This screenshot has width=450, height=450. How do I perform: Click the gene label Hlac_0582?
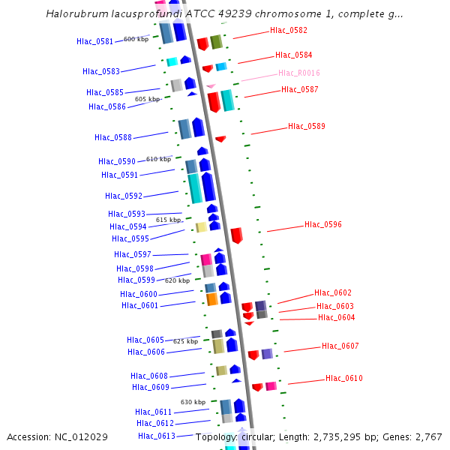[x=288, y=30]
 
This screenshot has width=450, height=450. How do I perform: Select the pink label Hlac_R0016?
[x=298, y=73]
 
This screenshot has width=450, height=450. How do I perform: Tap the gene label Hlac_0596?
[x=322, y=224]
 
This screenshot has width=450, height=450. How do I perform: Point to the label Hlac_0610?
[x=343, y=378]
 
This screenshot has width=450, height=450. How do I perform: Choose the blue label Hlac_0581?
[x=94, y=41]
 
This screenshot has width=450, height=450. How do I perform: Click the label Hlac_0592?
[x=123, y=196]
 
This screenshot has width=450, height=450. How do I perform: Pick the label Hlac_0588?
[x=112, y=137]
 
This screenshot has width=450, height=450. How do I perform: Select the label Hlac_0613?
[x=156, y=436]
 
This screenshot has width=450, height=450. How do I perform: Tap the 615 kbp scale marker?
[x=168, y=220]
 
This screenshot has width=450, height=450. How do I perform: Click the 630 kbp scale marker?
[x=193, y=402]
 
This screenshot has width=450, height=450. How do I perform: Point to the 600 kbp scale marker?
[x=136, y=39]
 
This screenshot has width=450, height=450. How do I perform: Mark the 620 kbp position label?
[x=177, y=280]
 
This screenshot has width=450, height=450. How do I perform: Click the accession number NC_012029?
[x=78, y=436]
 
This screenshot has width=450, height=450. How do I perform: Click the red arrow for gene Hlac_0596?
[x=236, y=235]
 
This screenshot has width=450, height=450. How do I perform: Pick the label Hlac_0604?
[x=336, y=317]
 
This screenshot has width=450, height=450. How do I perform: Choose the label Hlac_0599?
[x=136, y=280]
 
